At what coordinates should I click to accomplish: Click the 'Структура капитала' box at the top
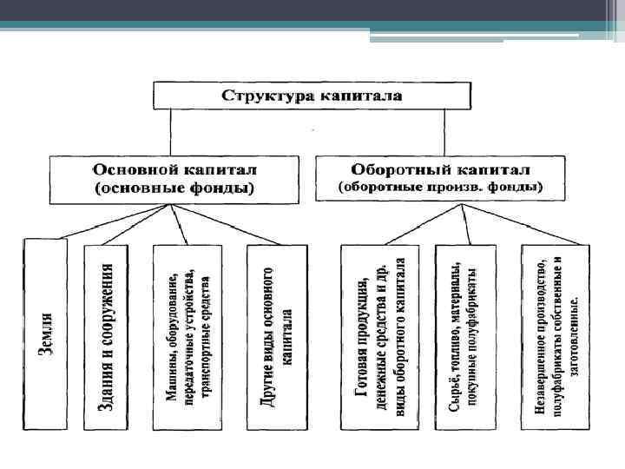tap(312, 95)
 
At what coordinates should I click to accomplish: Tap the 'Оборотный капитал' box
tap(440, 178)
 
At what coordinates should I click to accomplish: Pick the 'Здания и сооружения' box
tap(106, 337)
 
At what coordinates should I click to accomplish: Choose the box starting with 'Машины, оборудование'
tap(187, 337)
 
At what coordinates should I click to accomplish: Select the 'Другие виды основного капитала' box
tap(277, 337)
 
